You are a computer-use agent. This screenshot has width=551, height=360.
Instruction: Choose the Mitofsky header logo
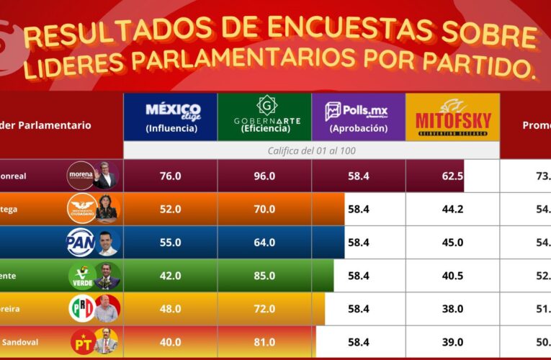point(452,117)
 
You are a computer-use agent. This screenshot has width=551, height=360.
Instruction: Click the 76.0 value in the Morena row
point(170,176)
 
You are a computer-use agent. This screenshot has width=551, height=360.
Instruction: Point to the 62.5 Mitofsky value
point(452,176)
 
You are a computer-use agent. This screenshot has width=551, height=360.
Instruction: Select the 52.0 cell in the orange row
point(170,210)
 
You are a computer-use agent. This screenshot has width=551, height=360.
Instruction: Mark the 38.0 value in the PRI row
point(452,309)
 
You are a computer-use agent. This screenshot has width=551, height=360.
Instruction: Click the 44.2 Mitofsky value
point(452,210)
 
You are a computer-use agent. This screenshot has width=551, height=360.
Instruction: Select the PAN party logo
point(81,242)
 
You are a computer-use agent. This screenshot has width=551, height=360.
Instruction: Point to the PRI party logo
point(81,309)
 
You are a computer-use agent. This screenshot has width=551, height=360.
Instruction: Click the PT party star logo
point(81,341)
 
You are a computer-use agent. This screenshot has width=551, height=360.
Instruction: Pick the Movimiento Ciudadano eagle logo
point(81,209)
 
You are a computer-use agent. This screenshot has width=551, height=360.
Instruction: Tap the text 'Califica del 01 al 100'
point(311,150)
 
